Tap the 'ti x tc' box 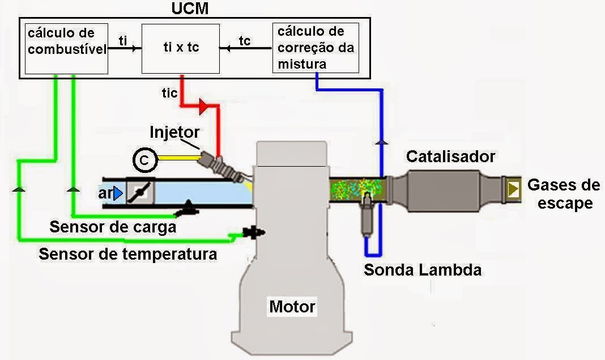pos(180,48)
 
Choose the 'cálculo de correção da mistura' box pos(316,48)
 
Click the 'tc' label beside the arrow pos(245,40)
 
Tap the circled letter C pos(144,161)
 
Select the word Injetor pos(174,132)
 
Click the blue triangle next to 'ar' pos(118,194)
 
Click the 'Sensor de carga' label pos(113,227)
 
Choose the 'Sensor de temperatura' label pos(127,253)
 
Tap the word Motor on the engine pos(292,307)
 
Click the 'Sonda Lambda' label pos(422,269)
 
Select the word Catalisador pos(450,156)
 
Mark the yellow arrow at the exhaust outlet pos(514,189)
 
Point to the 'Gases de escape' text pos(564,194)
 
